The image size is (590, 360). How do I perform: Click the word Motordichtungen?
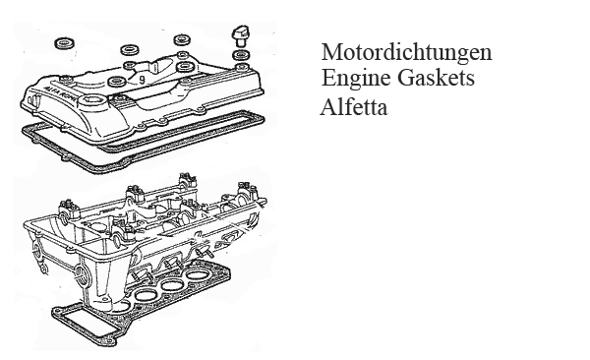(x=406, y=52)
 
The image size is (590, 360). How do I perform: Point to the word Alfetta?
(x=354, y=107)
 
